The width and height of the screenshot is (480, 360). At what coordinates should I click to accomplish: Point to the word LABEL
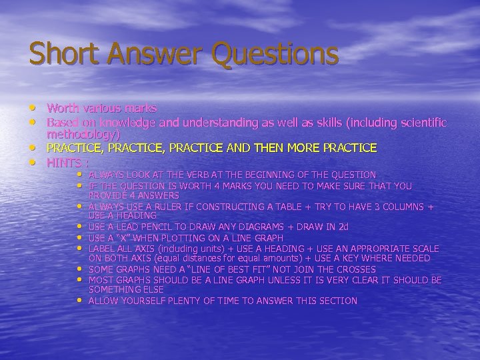[103, 249]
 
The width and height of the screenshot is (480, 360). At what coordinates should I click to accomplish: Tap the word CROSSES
[353, 269]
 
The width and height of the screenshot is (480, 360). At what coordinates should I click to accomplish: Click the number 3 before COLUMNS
[377, 207]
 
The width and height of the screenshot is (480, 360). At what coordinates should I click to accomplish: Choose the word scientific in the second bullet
[419, 123]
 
